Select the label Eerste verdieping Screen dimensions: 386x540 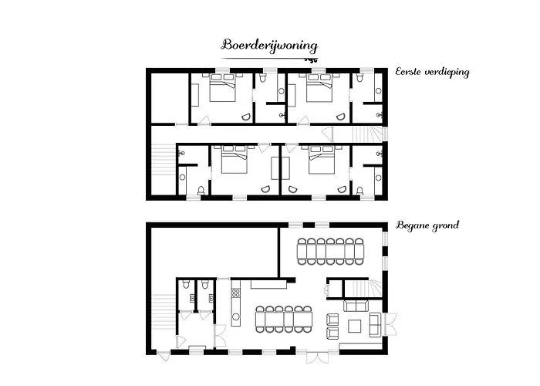433,72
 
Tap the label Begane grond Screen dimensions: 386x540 427,225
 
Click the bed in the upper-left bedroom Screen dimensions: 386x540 223,91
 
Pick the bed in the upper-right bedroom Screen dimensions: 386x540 318,91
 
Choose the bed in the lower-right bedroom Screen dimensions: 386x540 320,162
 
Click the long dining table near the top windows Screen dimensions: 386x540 329,252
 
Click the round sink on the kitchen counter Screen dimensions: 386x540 236,316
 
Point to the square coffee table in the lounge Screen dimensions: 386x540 354,326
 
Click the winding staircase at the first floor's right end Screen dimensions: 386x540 369,133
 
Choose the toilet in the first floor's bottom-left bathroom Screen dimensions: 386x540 201,189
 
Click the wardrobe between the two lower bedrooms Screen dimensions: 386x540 275,169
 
